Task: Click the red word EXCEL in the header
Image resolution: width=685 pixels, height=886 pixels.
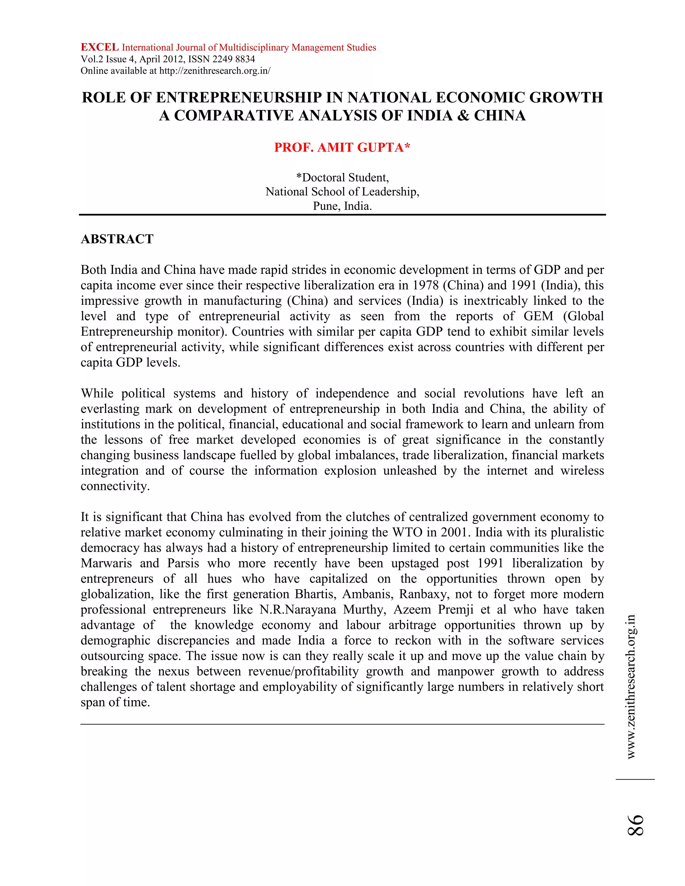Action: (x=99, y=47)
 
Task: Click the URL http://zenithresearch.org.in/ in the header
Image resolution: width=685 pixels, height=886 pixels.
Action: (x=215, y=71)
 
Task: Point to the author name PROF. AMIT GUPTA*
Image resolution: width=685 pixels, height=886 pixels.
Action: (x=342, y=147)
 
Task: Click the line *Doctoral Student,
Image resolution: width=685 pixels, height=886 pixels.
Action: (x=342, y=178)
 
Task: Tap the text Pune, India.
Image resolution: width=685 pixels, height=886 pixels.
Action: (x=342, y=206)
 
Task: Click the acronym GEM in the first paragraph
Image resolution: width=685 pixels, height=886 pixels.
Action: (x=538, y=316)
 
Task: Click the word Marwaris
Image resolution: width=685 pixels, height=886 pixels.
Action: (x=106, y=563)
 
